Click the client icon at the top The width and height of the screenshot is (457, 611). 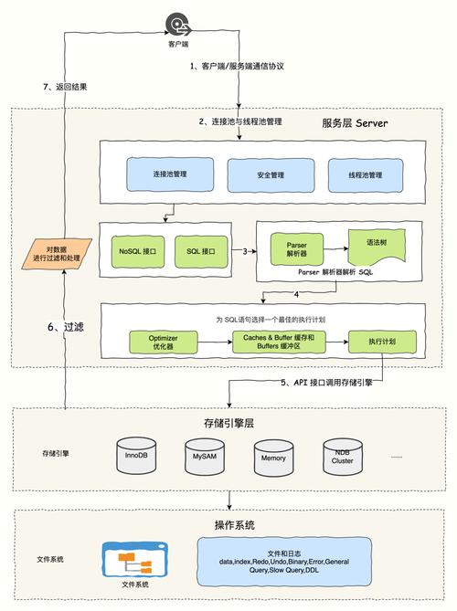click(178, 25)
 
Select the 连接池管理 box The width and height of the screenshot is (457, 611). click(170, 173)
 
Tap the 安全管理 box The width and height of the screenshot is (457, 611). click(271, 174)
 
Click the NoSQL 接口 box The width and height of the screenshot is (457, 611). click(137, 250)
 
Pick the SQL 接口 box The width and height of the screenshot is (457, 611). click(200, 250)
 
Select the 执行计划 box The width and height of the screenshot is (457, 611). click(381, 342)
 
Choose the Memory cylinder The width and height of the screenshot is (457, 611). click(274, 456)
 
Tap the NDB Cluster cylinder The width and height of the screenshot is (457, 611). click(343, 456)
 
